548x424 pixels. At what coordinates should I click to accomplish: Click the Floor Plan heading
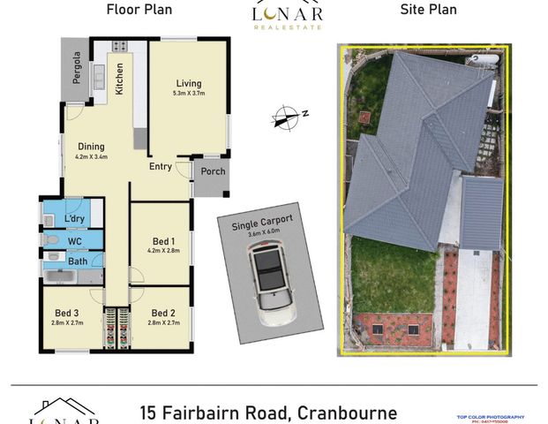click(x=139, y=11)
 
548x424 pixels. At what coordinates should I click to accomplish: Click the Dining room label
click(x=91, y=147)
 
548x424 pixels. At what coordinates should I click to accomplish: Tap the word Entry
click(x=161, y=166)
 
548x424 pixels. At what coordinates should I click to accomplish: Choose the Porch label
click(x=213, y=171)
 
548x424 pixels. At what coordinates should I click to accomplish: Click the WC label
click(x=75, y=240)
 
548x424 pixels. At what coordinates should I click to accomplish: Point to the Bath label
click(x=78, y=261)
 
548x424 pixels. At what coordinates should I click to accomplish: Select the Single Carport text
click(x=263, y=225)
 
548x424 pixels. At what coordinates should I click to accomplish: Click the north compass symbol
click(x=286, y=115)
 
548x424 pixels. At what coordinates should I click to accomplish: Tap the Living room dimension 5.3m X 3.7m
click(x=188, y=92)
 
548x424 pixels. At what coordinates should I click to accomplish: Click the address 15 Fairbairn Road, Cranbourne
click(x=268, y=413)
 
